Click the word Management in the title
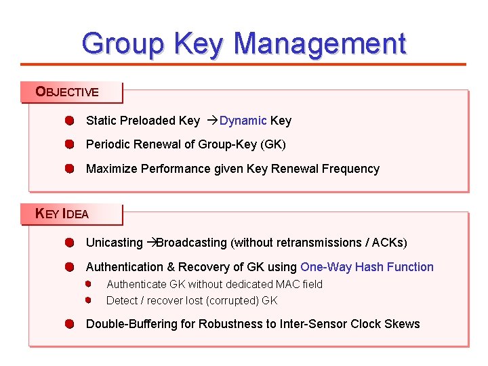pyautogui.click(x=320, y=44)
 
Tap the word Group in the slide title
pyautogui.click(x=123, y=44)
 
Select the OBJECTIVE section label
pyautogui.click(x=67, y=92)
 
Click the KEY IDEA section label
pyautogui.click(x=62, y=214)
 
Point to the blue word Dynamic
pyautogui.click(x=243, y=121)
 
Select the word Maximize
pyautogui.click(x=112, y=169)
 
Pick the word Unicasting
pyautogui.click(x=114, y=243)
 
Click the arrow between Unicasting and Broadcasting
pyautogui.click(x=151, y=243)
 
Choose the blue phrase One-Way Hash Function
pyautogui.click(x=367, y=267)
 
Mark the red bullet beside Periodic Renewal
pyautogui.click(x=69, y=144)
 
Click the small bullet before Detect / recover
pyautogui.click(x=88, y=300)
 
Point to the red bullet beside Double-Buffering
pyautogui.click(x=69, y=324)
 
